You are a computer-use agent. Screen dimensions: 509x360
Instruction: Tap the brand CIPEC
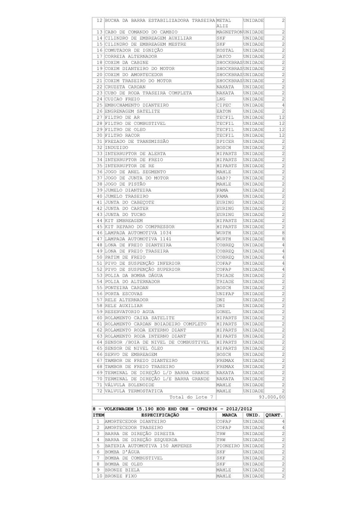click(224, 107)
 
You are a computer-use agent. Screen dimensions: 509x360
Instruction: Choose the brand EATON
click(224, 114)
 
